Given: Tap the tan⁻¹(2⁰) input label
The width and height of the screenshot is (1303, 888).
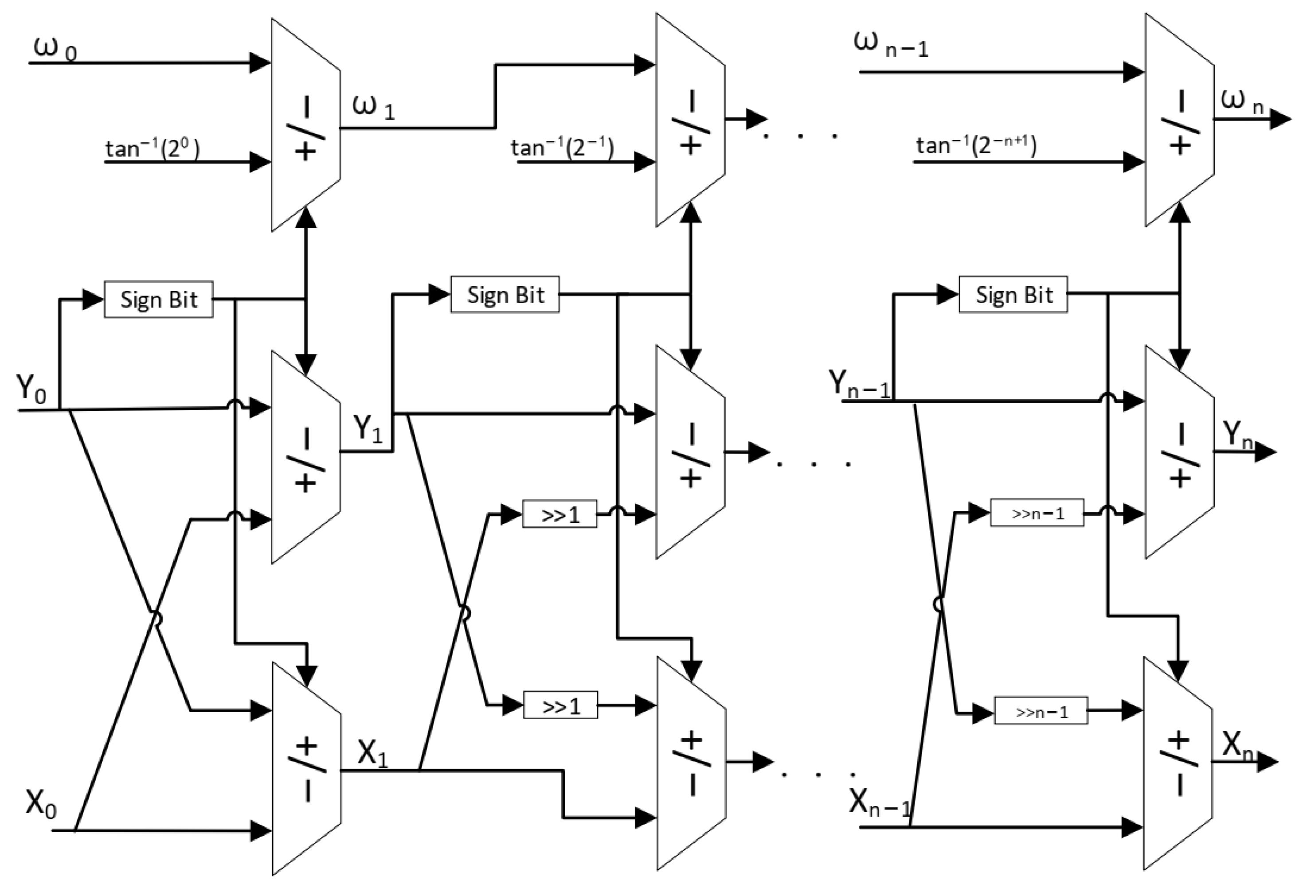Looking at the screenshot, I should [153, 148].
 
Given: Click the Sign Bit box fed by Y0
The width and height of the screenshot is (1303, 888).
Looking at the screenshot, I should [159, 300].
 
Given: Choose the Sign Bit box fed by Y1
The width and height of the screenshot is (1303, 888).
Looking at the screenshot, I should [505, 295].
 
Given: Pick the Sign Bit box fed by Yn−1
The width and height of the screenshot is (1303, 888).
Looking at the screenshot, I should [1013, 295].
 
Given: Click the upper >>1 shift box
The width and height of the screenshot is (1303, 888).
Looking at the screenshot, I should [560, 514].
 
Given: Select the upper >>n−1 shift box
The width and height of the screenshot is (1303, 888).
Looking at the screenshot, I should [1037, 513].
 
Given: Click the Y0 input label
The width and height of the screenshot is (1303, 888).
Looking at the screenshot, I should [31, 388].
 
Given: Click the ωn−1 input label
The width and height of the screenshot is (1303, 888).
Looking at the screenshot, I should [890, 44].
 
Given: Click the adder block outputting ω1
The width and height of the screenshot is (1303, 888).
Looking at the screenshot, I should [305, 125].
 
